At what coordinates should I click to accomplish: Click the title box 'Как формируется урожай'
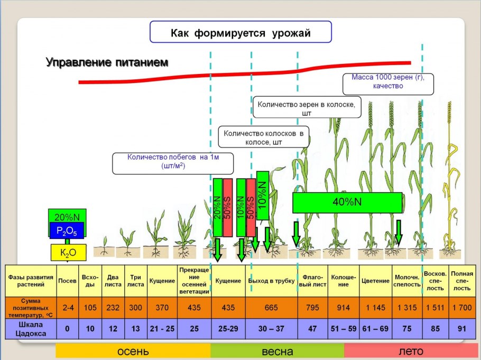tap(240, 33)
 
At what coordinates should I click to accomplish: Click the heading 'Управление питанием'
tap(107, 62)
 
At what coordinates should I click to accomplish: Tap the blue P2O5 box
tap(67, 230)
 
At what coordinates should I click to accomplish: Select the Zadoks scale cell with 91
tap(461, 328)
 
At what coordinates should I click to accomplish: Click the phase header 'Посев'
tap(67, 280)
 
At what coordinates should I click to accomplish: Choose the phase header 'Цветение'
tap(375, 280)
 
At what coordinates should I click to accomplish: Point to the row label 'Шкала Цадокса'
tap(30, 328)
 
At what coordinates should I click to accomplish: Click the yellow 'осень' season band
tap(133, 352)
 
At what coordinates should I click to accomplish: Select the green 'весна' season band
tap(277, 352)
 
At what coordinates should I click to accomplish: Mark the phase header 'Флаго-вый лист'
tap(312, 280)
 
